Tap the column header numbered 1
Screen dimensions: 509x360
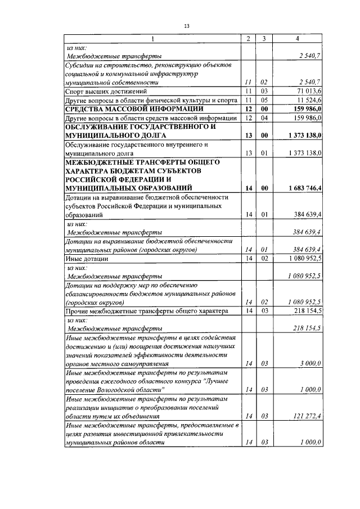tap(152, 38)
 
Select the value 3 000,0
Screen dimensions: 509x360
tap(310, 364)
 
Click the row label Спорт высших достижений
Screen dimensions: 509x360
tap(106, 91)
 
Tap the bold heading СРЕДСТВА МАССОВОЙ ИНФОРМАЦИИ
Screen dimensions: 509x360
tap(134, 109)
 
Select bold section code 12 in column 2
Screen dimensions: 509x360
tap(247, 109)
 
